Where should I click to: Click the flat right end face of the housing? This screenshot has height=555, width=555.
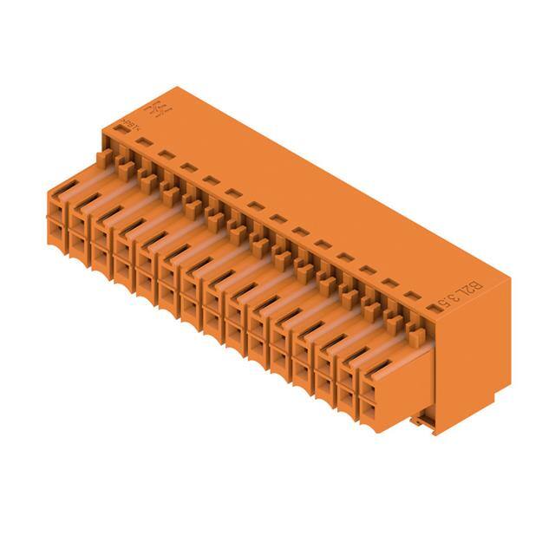tap(473, 356)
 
